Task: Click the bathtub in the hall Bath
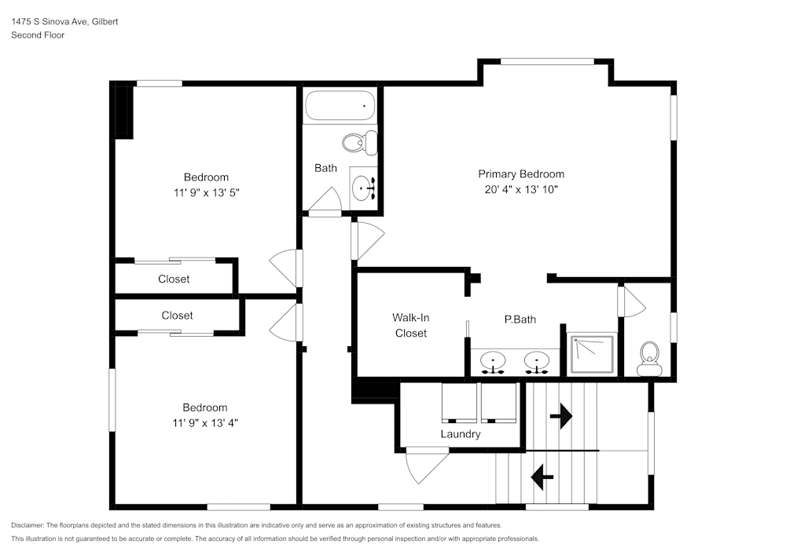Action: [340, 105]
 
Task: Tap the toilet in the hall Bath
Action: [358, 143]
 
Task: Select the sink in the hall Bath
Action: [364, 188]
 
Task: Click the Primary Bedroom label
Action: [521, 174]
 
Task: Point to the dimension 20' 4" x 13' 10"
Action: [521, 190]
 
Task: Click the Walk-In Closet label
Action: [410, 325]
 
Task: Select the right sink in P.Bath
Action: [538, 362]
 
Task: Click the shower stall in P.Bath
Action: [592, 353]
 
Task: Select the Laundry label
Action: [460, 434]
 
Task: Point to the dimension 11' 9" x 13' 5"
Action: [206, 192]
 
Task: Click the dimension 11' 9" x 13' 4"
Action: [205, 422]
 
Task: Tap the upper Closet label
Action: [174, 279]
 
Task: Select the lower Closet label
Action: [177, 316]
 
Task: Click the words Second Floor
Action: [38, 35]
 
